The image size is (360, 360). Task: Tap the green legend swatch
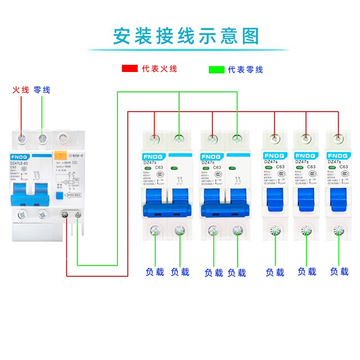pos(216,70)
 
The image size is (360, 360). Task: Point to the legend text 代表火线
pos(159,69)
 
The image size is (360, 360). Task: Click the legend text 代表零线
pos(245,70)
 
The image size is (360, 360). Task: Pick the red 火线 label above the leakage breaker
pos(21,90)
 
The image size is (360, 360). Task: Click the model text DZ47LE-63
pos(20,163)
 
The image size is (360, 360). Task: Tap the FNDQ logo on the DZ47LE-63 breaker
pos(19,156)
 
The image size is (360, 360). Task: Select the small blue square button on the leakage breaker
pos(59,195)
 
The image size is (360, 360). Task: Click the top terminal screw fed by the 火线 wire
pos(21,138)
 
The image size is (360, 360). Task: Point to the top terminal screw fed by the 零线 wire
pos(42,138)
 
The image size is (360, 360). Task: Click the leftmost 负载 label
pos(155,272)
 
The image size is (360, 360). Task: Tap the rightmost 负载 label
pos(339,271)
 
